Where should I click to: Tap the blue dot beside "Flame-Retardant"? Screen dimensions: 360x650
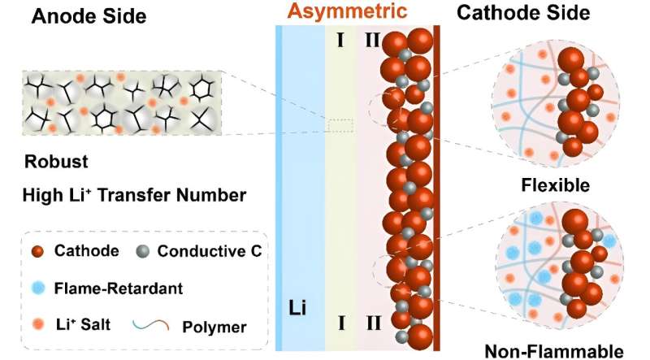coord(37,288)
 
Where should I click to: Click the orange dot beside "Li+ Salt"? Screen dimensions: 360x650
coord(37,324)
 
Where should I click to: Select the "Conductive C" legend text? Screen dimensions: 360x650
coord(210,253)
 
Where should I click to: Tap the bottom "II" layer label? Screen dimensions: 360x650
coord(373,323)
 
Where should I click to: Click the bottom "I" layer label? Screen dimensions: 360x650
coord(341,323)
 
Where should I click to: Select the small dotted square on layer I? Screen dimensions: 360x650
coord(341,125)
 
